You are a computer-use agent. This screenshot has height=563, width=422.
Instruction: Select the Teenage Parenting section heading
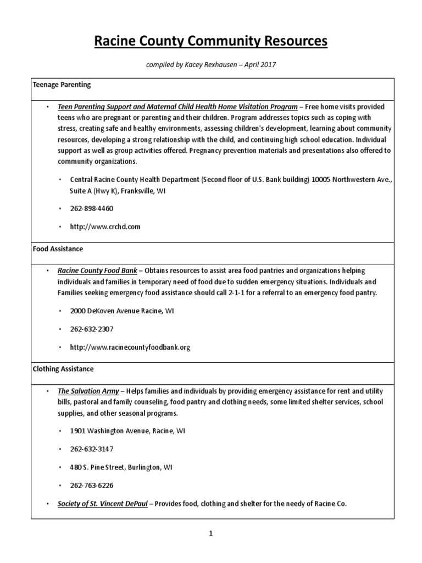click(x=61, y=85)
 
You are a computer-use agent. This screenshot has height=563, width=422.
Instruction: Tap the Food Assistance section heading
click(x=58, y=249)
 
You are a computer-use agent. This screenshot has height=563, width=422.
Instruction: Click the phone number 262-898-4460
click(x=92, y=209)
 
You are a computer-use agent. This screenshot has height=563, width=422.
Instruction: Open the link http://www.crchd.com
click(x=105, y=227)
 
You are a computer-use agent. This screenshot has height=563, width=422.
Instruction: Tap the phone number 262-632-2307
click(x=92, y=329)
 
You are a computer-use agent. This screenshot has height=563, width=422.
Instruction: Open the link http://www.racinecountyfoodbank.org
click(x=130, y=347)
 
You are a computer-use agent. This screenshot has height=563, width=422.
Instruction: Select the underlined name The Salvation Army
click(x=88, y=391)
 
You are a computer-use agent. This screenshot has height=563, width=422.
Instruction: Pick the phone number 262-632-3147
click(x=92, y=449)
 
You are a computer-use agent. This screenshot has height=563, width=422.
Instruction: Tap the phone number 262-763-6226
click(x=92, y=485)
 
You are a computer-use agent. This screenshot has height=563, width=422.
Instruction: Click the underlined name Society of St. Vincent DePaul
click(x=103, y=504)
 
